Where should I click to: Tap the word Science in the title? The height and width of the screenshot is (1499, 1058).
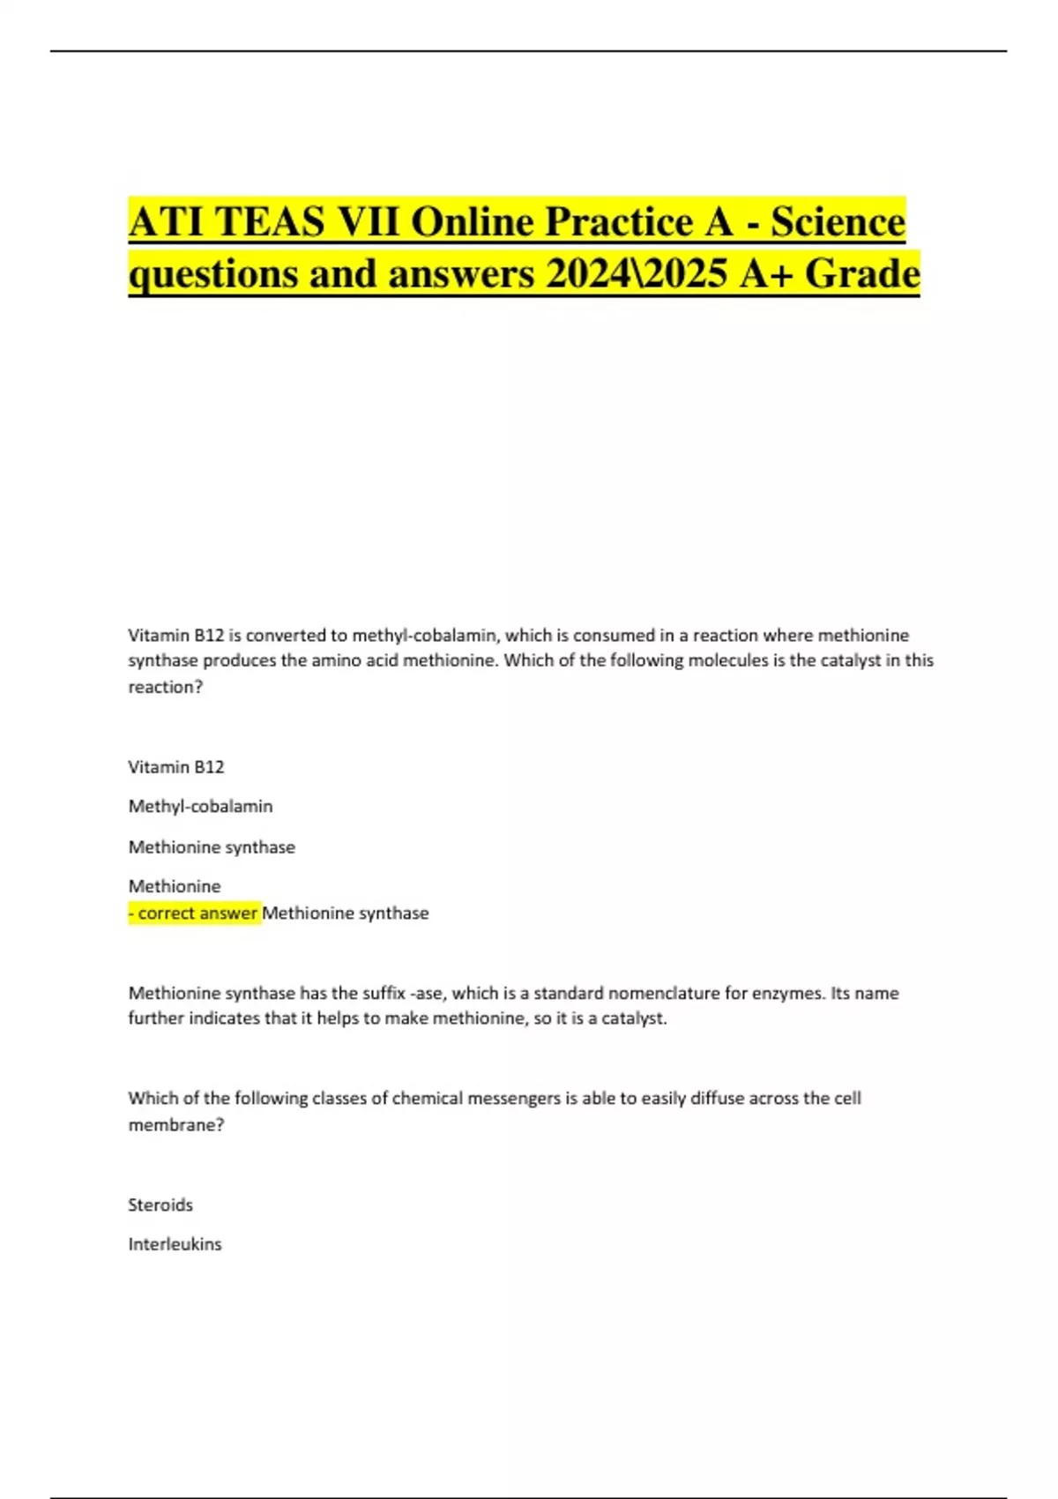(838, 221)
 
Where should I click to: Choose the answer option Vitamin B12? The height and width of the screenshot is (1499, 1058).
(176, 767)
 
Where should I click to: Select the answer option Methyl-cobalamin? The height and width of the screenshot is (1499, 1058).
(200, 806)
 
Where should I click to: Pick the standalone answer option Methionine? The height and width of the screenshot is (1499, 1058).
(175, 886)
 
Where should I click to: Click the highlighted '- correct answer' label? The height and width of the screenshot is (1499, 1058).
(194, 914)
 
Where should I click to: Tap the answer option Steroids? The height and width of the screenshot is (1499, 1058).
(160, 1204)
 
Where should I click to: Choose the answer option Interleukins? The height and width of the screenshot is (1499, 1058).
(175, 1244)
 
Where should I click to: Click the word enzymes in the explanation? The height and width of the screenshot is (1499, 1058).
(788, 993)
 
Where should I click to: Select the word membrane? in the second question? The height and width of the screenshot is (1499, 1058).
(176, 1125)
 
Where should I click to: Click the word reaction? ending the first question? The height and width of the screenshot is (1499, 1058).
(166, 687)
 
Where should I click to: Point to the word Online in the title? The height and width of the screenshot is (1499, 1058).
(474, 221)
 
